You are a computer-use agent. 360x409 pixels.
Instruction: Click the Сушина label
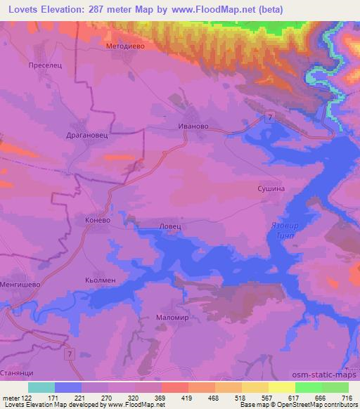(x=269, y=189)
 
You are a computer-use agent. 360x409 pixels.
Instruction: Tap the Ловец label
(x=171, y=226)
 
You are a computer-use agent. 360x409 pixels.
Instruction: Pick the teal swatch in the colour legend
(x=41, y=387)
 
